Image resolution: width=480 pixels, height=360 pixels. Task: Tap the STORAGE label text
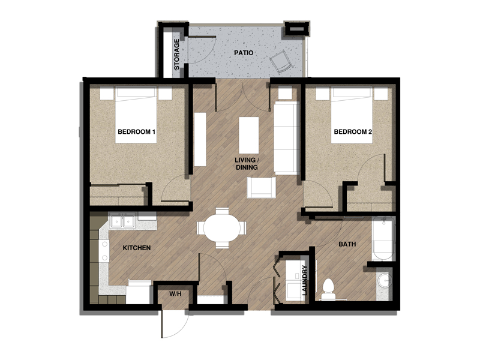point(177,55)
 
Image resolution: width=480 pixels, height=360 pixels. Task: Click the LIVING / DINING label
point(247,164)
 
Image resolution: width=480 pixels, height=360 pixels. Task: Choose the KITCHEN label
point(136,247)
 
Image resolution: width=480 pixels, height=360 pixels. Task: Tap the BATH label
point(347,244)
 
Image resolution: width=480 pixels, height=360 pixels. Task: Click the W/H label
point(175,294)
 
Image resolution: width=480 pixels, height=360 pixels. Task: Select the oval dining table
point(222,228)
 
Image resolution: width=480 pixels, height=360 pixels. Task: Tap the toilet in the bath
point(328,289)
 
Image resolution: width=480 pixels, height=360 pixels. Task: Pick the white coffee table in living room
point(249,135)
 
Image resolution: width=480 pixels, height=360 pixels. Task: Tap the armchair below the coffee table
point(262,188)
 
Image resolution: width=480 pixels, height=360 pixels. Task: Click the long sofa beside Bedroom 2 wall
point(286,137)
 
